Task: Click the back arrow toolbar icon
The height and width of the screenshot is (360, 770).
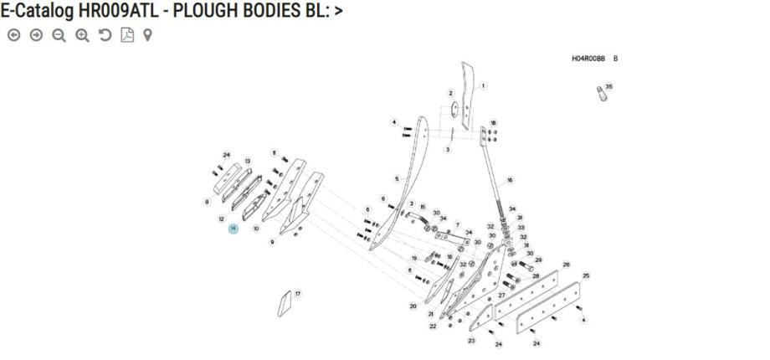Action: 14,35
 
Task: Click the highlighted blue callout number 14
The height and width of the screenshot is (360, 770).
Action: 233,229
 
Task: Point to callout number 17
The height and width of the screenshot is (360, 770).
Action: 298,294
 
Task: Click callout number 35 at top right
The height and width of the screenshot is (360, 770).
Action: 608,86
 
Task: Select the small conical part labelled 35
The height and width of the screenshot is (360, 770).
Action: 599,93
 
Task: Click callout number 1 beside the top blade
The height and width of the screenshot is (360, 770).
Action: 483,85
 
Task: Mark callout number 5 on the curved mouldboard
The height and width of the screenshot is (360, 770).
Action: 397,179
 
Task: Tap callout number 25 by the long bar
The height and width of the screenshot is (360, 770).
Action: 586,275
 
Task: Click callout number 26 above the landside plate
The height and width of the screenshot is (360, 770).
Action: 566,265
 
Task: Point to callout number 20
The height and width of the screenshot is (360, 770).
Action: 413,306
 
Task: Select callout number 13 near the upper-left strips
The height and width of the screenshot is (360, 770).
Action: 248,161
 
